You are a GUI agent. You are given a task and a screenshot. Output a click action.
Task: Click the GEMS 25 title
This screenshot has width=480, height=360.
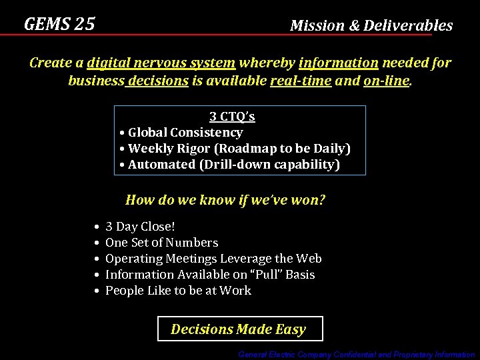tap(59, 25)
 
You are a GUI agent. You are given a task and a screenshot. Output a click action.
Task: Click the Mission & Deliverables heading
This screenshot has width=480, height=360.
tap(371, 26)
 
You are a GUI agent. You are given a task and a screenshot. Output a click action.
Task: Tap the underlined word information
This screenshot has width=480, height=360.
tap(339, 63)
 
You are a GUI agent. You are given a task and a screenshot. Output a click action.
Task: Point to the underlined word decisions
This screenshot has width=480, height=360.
tap(158, 81)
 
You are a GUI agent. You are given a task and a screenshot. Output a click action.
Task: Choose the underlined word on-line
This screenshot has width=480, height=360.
tap(386, 81)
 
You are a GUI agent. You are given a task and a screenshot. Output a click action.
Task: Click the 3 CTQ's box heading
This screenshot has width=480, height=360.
tap(232, 117)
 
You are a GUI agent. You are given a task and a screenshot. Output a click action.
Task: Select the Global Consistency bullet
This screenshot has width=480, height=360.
tap(185, 133)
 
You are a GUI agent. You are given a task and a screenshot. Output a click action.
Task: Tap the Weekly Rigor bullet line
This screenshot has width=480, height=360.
tap(239, 149)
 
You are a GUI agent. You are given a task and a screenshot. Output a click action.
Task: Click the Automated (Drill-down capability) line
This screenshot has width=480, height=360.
tap(233, 165)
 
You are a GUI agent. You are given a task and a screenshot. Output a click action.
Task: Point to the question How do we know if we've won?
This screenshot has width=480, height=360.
tap(225, 200)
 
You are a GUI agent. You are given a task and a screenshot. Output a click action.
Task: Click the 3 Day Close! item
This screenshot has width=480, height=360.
tap(140, 227)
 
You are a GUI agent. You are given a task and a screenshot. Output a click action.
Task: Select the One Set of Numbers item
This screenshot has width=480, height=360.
tap(161, 243)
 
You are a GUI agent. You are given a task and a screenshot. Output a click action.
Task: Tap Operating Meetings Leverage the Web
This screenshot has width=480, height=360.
tap(213, 259)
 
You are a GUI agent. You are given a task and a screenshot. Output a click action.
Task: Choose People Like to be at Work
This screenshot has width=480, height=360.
tap(178, 291)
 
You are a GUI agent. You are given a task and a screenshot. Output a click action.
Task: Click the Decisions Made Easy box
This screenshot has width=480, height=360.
tap(239, 329)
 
